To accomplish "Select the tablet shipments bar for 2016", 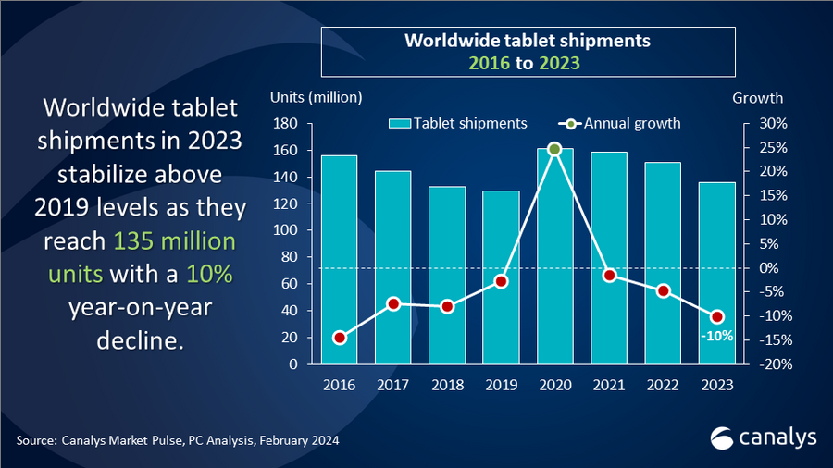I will [x=339, y=260].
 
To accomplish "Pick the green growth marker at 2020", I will [x=554, y=149].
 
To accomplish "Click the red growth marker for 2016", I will [x=339, y=338].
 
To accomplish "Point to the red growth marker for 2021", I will [x=609, y=275].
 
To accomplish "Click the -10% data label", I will [x=716, y=337].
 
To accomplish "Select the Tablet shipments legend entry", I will [x=458, y=124].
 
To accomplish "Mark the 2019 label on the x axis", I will [x=501, y=386].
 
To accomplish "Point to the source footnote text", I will [x=177, y=440].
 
